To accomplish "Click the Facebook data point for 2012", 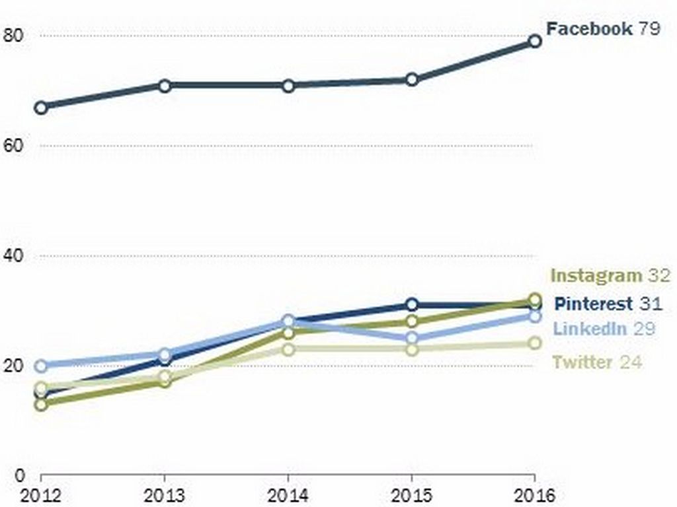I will (x=41, y=107).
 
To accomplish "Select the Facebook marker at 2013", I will (x=165, y=85).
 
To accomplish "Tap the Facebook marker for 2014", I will (x=288, y=85).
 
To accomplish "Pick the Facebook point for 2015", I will (x=412, y=79).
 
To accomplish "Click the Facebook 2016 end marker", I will (x=535, y=41).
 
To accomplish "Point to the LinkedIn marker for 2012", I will (x=41, y=365).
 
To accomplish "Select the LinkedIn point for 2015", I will (x=412, y=338).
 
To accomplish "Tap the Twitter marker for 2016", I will (x=535, y=343).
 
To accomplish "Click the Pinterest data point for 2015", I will (x=412, y=304).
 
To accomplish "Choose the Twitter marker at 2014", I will (x=288, y=349).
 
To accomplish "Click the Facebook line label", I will (x=589, y=28).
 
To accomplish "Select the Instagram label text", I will (x=596, y=275).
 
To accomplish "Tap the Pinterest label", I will (x=593, y=304).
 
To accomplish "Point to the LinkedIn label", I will (x=590, y=329).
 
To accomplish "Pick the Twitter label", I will (x=582, y=362).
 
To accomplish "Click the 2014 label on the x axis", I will (x=288, y=495).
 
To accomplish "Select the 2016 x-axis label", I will (x=535, y=495).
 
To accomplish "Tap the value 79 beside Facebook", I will (x=649, y=28).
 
